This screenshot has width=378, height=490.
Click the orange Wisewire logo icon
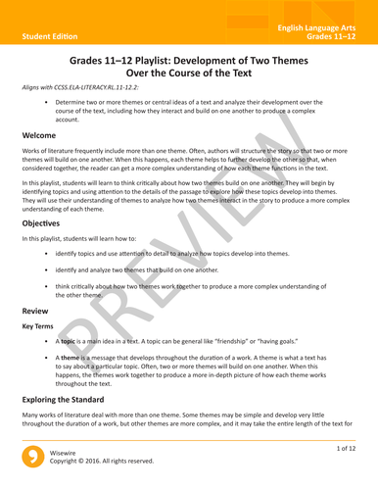pos(31,472)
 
